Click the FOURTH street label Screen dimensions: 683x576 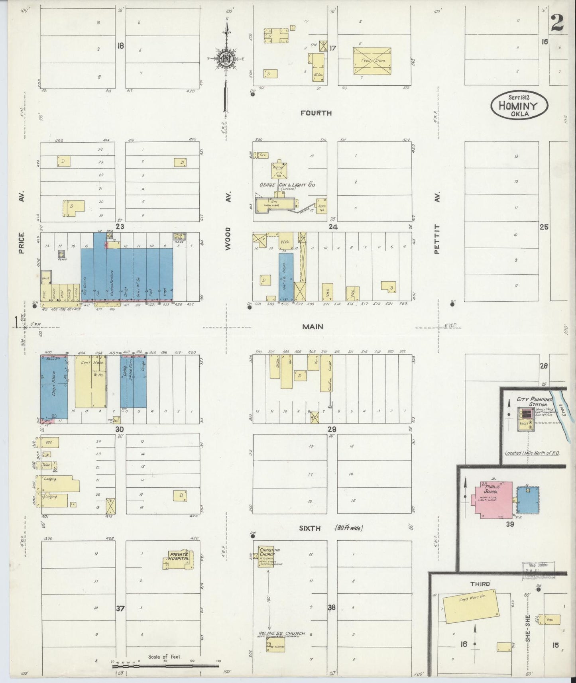pyautogui.click(x=316, y=113)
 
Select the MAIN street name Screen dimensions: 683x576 pyautogui.click(x=313, y=327)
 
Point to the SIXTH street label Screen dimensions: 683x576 pyautogui.click(x=310, y=528)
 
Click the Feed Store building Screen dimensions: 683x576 pyautogui.click(x=372, y=61)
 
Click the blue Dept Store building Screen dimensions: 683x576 pyautogui.click(x=54, y=387)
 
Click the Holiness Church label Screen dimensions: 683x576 pyautogui.click(x=281, y=633)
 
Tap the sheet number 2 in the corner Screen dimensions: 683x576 pyautogui.click(x=557, y=24)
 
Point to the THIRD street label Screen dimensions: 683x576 pyautogui.click(x=480, y=584)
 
